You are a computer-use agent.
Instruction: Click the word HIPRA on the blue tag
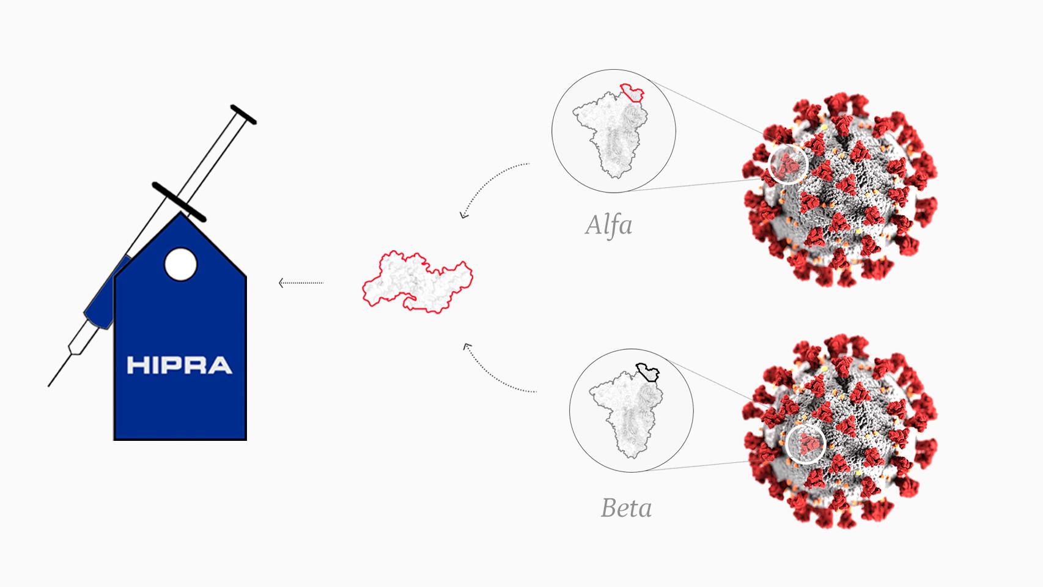coord(179,365)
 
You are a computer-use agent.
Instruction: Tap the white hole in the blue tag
coord(181,264)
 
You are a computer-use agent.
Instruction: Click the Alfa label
coord(608,225)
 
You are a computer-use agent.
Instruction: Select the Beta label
coord(626,508)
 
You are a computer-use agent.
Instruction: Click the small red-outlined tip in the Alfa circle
coord(632,93)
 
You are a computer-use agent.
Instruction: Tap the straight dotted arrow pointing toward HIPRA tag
coord(301,282)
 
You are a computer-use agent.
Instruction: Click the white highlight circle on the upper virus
coord(788,164)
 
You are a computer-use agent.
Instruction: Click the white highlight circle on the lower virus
coord(806,443)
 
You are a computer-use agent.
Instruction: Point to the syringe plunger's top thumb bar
coord(243,114)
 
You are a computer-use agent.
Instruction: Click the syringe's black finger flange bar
coord(179,201)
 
